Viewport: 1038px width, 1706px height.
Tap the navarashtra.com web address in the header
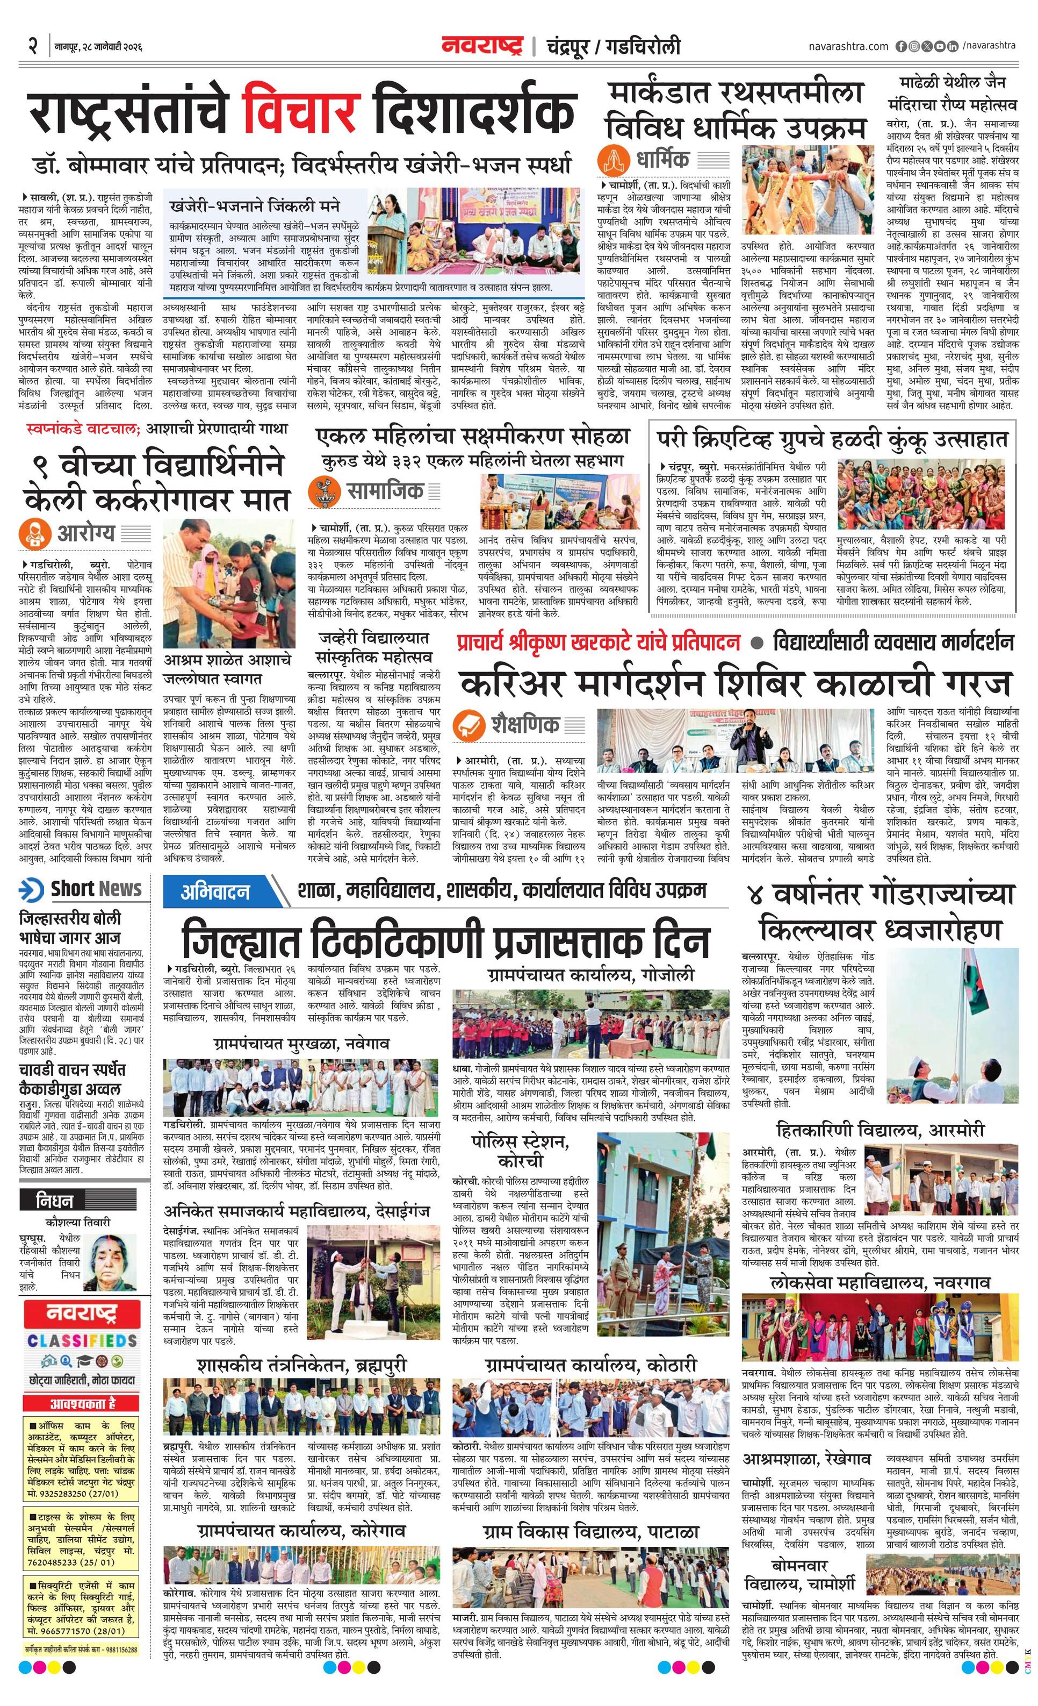click(x=848, y=46)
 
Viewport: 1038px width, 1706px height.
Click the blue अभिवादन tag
click(x=215, y=892)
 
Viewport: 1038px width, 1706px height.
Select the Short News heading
click(x=96, y=889)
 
